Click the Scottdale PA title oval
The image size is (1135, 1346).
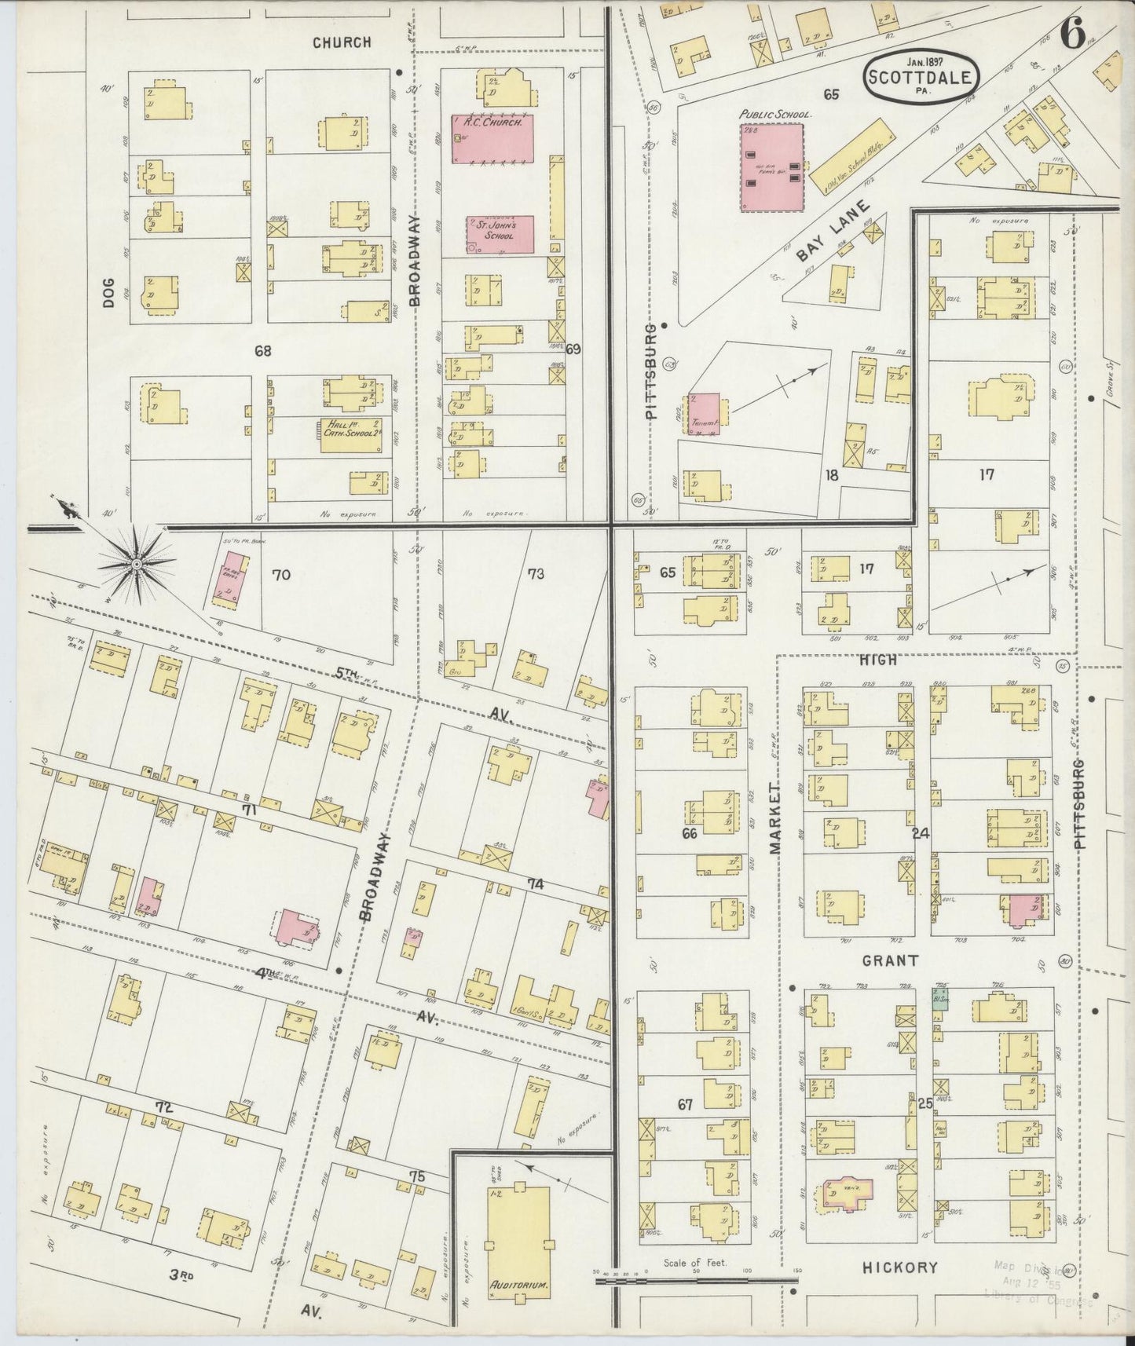921,76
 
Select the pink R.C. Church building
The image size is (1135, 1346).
492,139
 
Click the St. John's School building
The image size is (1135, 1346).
500,234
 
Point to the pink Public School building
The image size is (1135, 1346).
773,166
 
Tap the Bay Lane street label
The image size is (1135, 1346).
834,232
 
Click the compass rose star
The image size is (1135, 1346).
137,563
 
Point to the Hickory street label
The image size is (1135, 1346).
899,1267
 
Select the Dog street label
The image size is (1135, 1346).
108,291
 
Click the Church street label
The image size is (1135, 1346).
342,42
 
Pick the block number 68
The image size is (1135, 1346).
262,351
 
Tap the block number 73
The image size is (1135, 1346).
536,574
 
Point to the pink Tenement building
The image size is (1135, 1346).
705,414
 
